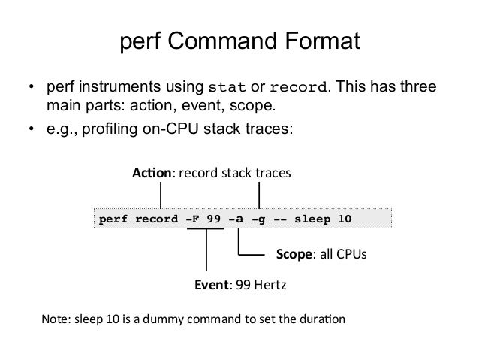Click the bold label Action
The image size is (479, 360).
(152, 174)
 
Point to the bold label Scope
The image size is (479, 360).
(294, 256)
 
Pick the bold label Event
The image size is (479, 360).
(211, 286)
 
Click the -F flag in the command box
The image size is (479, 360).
(193, 219)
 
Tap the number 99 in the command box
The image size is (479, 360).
(215, 219)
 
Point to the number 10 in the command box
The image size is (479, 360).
(344, 219)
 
